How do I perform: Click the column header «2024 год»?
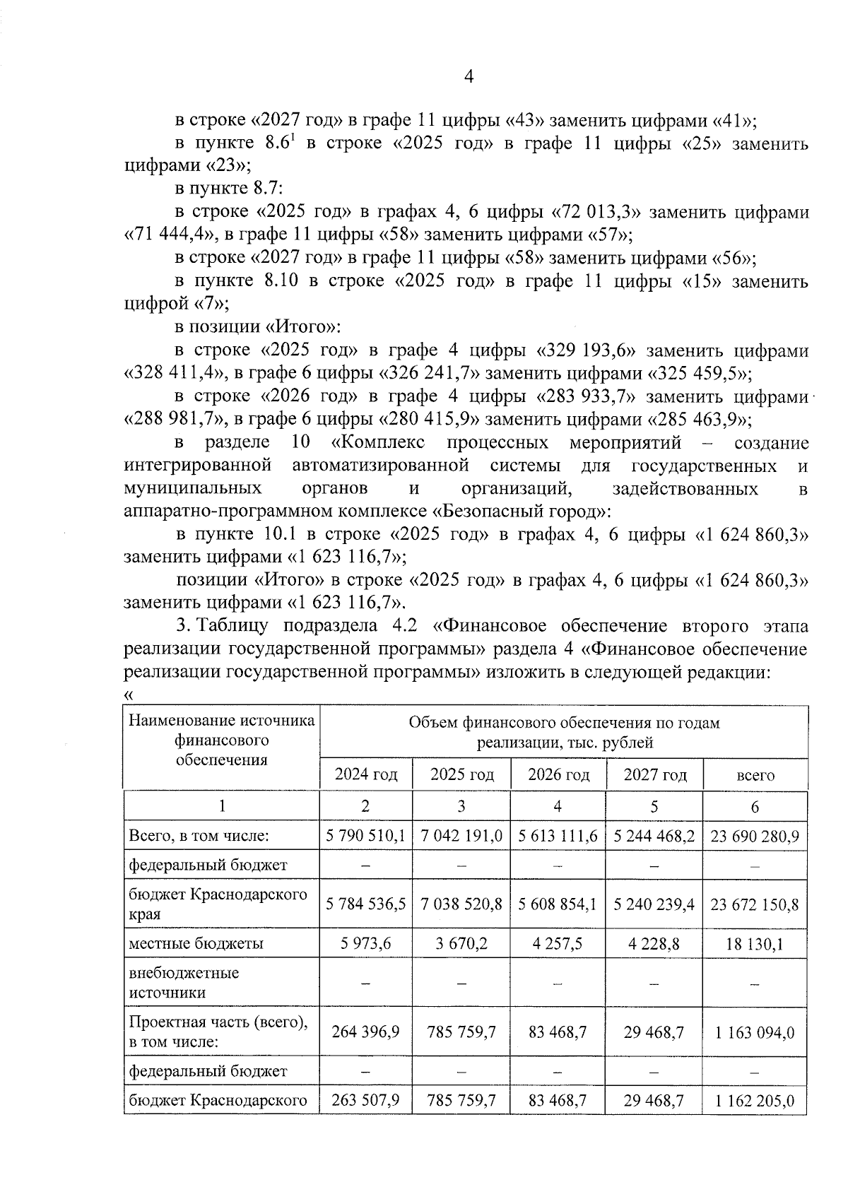click(x=365, y=774)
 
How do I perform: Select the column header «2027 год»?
click(x=654, y=774)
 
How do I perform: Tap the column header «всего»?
click(x=755, y=775)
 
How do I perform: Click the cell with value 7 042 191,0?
click(x=461, y=836)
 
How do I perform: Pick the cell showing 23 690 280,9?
click(x=755, y=836)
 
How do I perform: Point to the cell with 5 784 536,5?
click(x=365, y=904)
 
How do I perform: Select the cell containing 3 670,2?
click(x=461, y=943)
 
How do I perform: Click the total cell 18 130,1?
click(x=755, y=943)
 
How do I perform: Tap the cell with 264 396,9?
click(x=365, y=1032)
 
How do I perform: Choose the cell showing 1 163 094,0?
click(x=755, y=1032)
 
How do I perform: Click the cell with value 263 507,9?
click(x=365, y=1100)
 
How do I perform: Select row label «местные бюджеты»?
click(x=196, y=943)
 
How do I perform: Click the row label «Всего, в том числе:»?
click(x=199, y=836)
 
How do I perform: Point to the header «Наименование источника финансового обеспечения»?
click(x=221, y=740)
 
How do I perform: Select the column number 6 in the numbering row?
click(x=755, y=806)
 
